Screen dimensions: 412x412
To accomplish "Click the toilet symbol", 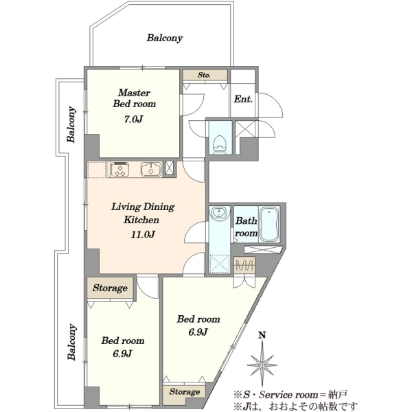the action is point(220,144).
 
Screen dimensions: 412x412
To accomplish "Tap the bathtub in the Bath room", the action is point(269,225).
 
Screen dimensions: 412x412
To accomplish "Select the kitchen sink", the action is point(151,169).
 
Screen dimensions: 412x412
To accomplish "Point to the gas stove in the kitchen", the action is point(120,169).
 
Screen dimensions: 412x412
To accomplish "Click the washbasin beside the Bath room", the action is point(218,212).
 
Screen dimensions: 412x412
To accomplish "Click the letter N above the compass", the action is point(262,335).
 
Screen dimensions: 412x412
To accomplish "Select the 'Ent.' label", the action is point(243,99).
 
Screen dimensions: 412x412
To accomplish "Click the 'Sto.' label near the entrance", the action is point(204,75).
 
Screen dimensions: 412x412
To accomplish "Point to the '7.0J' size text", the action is point(133,119).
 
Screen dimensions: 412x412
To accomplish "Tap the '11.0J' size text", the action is point(143,234).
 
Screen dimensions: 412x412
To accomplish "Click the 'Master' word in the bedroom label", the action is point(135,93).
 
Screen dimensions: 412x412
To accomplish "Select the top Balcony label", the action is point(165,38).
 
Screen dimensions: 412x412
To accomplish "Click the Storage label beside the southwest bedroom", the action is point(110,288).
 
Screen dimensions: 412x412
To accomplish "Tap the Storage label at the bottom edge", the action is point(185,392).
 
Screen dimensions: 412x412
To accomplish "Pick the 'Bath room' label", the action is point(247,227).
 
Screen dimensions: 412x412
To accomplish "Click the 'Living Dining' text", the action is point(144,207).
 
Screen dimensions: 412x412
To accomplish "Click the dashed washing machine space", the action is point(220,264).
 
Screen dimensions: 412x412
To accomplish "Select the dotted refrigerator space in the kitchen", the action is point(97,170).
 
